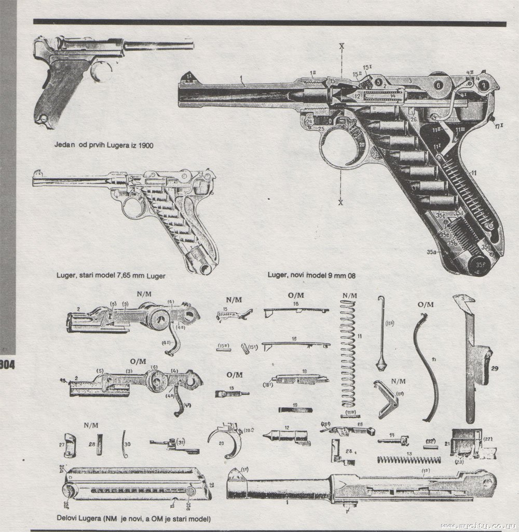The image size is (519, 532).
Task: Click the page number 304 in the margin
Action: coord(7,363)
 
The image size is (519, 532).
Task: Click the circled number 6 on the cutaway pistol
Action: coord(439,85)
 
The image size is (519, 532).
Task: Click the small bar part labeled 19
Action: coord(295,409)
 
